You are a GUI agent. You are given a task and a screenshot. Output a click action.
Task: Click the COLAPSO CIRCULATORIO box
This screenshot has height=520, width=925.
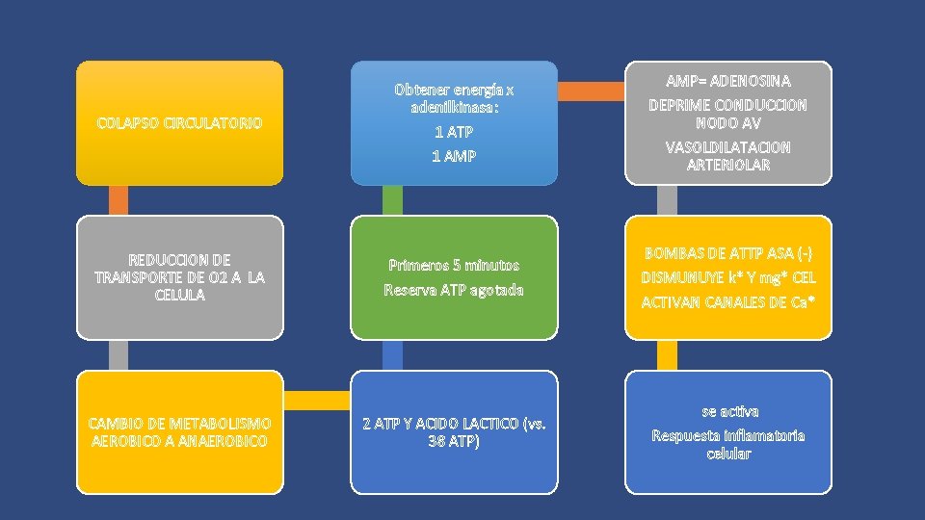pos(180,123)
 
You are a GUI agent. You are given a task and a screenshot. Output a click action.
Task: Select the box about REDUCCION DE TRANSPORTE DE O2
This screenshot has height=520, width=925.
pos(180,277)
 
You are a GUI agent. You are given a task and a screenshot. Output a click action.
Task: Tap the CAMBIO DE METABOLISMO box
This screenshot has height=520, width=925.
pos(180,431)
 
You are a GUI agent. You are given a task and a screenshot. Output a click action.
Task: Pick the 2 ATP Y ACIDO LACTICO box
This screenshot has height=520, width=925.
pos(454,431)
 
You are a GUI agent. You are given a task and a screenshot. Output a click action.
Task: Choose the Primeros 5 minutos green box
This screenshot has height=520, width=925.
pos(454,277)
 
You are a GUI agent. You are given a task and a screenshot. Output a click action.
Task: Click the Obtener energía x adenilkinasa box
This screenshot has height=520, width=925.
pos(454,123)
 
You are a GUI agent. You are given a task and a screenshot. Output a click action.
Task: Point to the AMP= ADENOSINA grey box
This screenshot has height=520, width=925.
pos(727,123)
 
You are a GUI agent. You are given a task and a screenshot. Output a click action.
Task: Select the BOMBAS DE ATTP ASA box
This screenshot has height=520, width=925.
pos(727,277)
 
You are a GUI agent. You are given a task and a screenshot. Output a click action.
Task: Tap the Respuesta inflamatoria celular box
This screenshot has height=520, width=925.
pos(727,431)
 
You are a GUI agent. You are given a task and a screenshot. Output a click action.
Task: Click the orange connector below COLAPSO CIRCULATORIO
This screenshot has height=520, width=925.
pos(119,200)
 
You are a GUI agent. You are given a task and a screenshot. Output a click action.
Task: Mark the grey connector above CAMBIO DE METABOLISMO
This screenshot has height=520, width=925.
pos(119,354)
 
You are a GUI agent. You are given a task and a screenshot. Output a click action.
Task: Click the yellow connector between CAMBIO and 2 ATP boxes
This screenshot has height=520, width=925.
pos(317,399)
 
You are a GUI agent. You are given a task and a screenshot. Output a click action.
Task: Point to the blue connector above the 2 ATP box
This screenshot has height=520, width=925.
pos(392,354)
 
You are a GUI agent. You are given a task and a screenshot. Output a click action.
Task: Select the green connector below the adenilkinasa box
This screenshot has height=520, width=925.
pos(392,200)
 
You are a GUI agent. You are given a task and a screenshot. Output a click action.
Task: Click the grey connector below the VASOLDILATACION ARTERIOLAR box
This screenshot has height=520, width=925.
pos(667,200)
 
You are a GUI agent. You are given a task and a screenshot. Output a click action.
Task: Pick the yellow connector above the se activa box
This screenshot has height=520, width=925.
pos(667,354)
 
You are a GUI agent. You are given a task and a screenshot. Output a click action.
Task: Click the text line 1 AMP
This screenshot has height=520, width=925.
pos(454,156)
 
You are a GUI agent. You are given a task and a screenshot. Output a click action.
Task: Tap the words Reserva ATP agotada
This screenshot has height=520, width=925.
pos(454,290)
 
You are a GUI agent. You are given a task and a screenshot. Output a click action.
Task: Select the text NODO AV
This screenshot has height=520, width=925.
pos(727,124)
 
